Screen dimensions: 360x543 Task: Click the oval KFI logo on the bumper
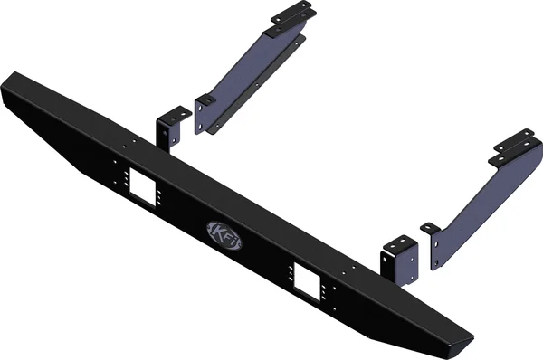click(x=224, y=232)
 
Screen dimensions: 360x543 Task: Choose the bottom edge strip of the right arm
click(x=489, y=222)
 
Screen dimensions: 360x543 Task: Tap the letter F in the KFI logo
click(x=224, y=232)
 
